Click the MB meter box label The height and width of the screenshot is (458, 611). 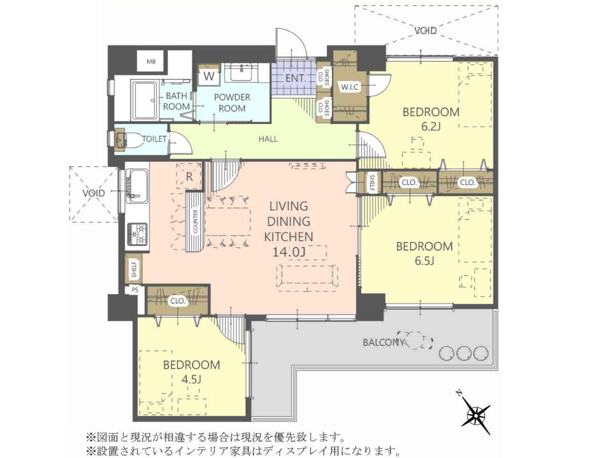[x=151, y=62]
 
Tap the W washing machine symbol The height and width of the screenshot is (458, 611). [x=209, y=76]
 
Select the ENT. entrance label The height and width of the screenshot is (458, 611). [x=295, y=78]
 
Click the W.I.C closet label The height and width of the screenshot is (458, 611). [x=349, y=87]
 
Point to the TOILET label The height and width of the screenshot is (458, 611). [x=155, y=139]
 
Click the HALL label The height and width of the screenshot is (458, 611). [x=268, y=139]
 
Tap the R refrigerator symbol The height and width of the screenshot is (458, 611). [x=190, y=177]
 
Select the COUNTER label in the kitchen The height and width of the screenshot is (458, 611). [x=195, y=222]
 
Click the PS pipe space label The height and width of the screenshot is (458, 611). [x=135, y=290]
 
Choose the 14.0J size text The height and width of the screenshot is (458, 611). [x=289, y=252]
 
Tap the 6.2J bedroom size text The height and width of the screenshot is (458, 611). [x=431, y=127]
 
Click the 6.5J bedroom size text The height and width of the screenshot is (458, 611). [x=424, y=261]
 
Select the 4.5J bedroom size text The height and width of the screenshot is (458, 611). [x=191, y=380]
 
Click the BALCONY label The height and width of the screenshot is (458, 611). [x=383, y=343]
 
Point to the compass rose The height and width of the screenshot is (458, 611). [x=476, y=423]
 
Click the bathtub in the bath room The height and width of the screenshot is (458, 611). [x=145, y=100]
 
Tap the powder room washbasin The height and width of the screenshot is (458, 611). [x=242, y=72]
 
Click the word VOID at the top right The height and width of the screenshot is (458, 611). [x=426, y=31]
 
